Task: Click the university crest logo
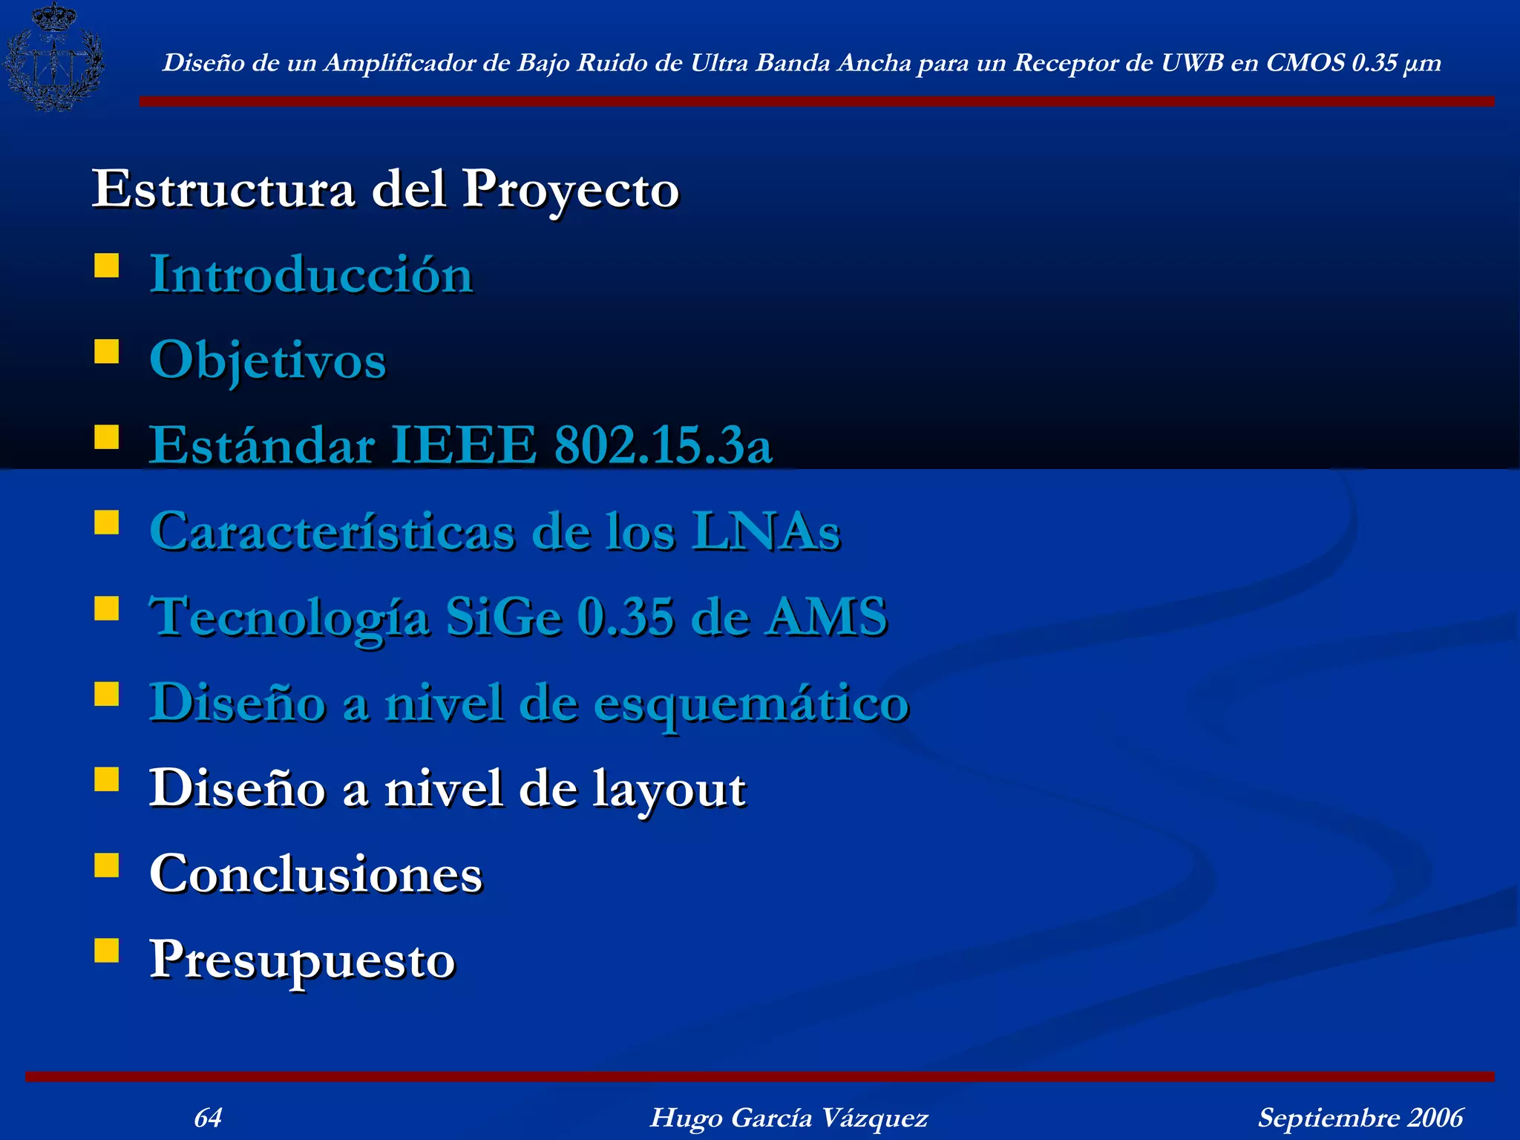tap(53, 56)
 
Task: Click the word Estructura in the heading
tap(223, 189)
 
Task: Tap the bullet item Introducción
tap(311, 275)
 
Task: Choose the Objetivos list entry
tap(267, 361)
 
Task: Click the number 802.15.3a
tap(663, 445)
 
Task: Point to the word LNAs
tap(765, 531)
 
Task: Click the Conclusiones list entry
tap(315, 874)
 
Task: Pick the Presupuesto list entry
tap(302, 960)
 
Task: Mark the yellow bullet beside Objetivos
tap(107, 352)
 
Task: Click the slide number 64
tap(208, 1117)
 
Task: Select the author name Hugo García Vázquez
tap(789, 1118)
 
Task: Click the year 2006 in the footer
tap(1435, 1118)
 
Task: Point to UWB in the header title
tap(1192, 63)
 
